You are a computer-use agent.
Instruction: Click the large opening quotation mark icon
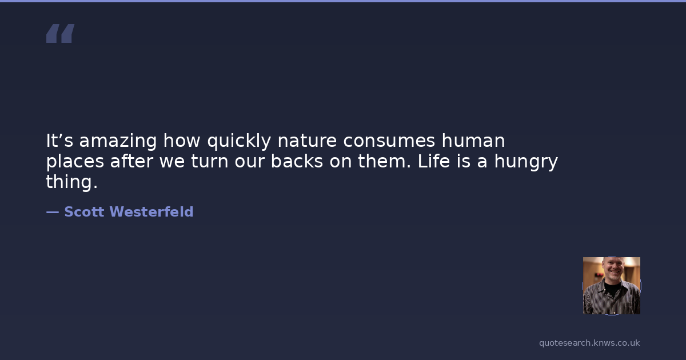tap(61, 33)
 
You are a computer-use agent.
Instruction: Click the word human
tap(473, 141)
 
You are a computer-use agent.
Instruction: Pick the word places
tap(75, 162)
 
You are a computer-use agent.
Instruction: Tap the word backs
tap(297, 161)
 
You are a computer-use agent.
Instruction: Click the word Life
tap(434, 161)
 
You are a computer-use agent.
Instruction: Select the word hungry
tap(526, 162)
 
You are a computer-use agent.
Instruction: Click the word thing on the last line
tap(69, 182)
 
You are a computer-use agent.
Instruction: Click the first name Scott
tap(84, 211)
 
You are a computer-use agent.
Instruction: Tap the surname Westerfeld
tap(151, 211)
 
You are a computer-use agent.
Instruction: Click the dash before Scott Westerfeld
tap(53, 212)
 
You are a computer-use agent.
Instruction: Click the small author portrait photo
tap(612, 286)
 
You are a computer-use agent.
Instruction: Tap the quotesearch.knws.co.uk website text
tap(589, 343)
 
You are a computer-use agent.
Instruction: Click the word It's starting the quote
tap(59, 141)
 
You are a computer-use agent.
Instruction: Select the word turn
tap(210, 161)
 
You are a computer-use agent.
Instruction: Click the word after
tap(131, 161)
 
